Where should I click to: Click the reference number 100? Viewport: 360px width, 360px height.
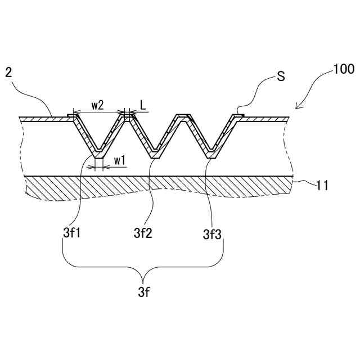(343, 70)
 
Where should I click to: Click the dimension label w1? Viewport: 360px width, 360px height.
(120, 160)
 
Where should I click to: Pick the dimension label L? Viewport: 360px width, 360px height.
(143, 105)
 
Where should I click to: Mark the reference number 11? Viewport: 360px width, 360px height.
(322, 184)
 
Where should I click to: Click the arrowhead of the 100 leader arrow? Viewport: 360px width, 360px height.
(298, 107)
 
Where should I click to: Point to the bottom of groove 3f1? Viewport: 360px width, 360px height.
(99, 152)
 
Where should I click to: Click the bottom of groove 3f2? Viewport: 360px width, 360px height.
(153, 152)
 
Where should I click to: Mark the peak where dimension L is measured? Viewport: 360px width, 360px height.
(129, 116)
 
